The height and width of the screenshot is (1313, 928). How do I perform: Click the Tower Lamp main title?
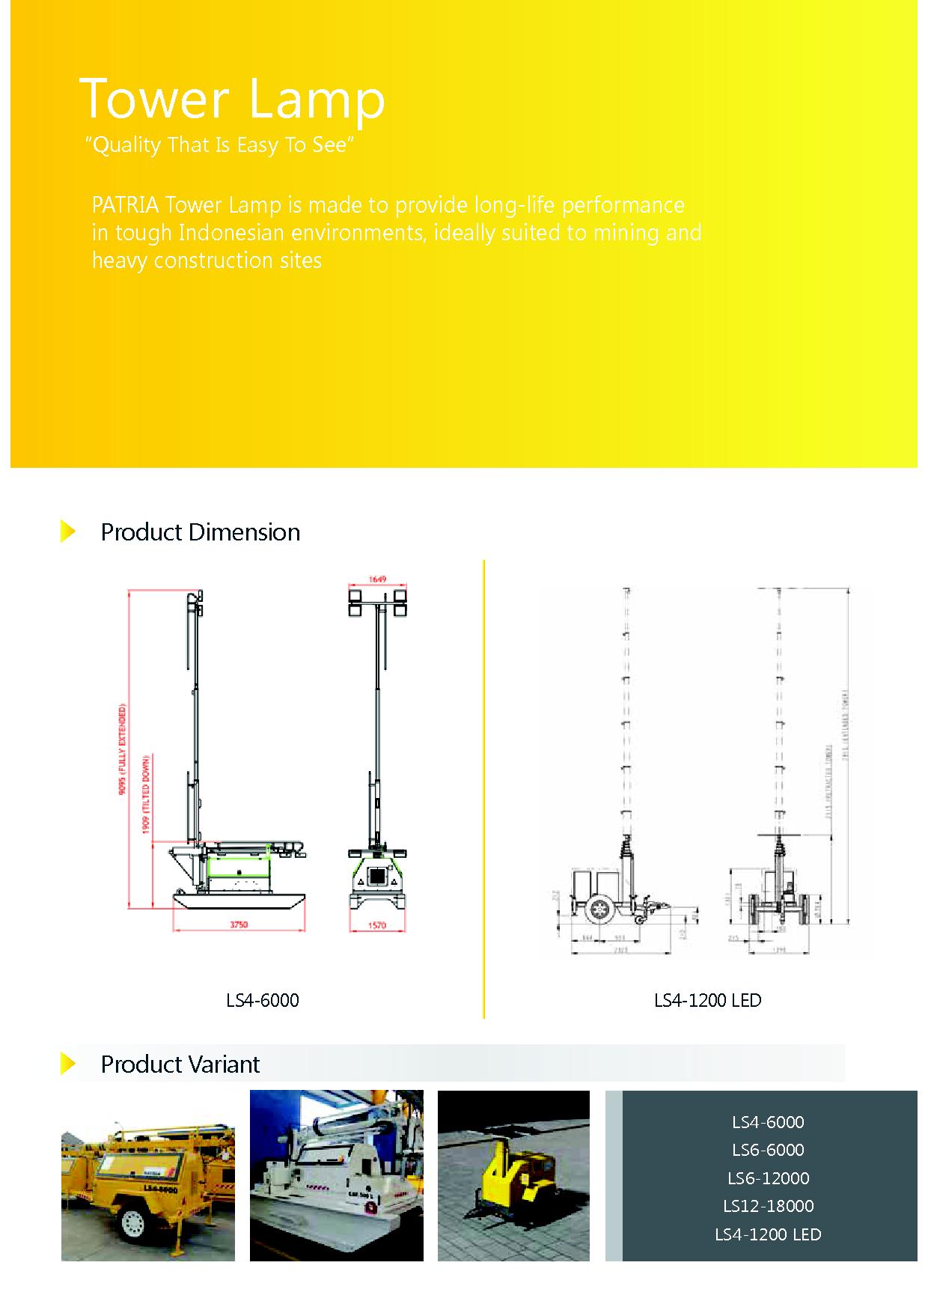point(232,99)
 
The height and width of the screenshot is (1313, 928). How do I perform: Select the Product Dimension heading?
point(200,532)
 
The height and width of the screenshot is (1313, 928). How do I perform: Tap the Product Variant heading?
point(180,1064)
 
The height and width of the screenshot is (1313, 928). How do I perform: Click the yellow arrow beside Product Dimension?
point(68,531)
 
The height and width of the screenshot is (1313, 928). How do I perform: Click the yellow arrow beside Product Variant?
point(68,1064)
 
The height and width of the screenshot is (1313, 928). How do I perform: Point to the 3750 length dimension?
point(238,925)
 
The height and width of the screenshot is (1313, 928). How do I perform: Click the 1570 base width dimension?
point(377,926)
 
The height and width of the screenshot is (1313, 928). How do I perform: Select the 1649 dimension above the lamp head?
point(377,579)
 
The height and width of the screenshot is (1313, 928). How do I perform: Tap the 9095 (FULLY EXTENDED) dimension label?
point(123,749)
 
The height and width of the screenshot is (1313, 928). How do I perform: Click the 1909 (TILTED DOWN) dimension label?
point(147,793)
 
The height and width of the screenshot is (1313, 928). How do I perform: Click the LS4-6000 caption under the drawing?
point(263,1000)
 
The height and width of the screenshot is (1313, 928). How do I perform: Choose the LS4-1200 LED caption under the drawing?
point(707,1000)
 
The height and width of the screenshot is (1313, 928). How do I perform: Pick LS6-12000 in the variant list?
point(768,1178)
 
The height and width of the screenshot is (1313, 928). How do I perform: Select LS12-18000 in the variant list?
point(768,1205)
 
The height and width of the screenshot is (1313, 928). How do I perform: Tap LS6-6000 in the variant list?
point(768,1150)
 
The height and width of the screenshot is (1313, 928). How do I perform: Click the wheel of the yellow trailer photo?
point(132,1223)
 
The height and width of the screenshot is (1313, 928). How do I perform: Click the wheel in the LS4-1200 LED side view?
point(599,908)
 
